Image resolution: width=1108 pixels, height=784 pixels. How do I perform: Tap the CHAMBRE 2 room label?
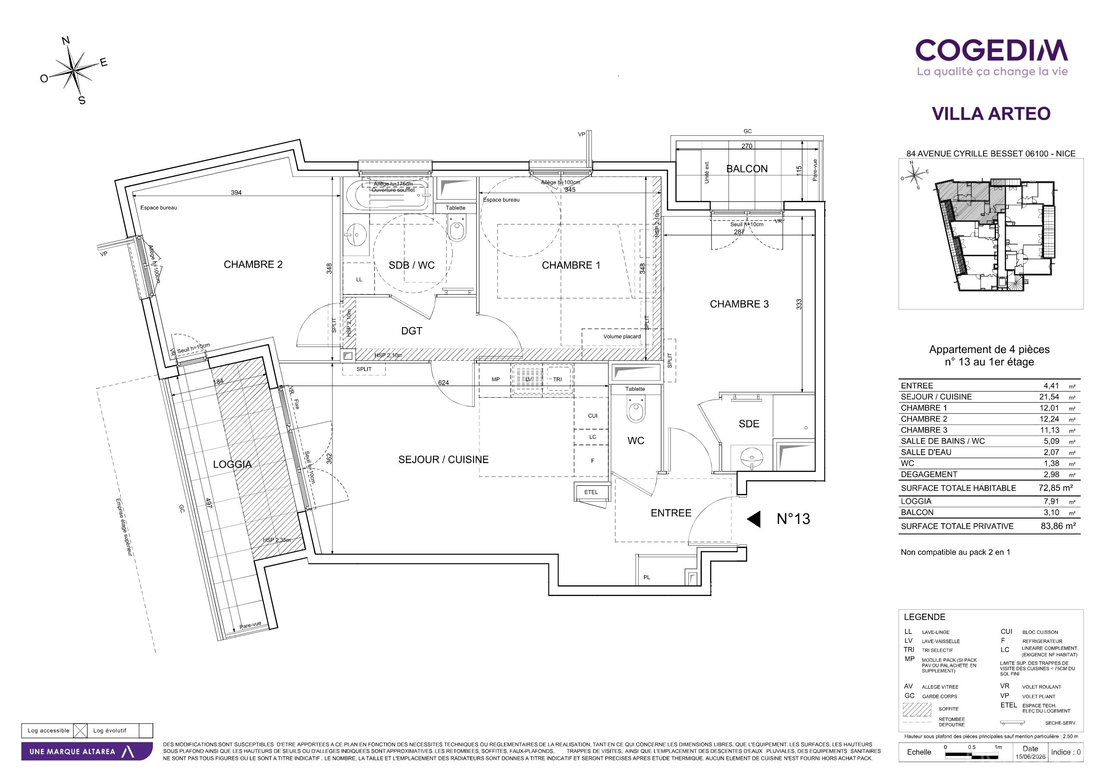(x=253, y=265)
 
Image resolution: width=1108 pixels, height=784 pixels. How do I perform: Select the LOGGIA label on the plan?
(x=233, y=465)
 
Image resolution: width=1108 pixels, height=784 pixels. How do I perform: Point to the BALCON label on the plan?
(x=747, y=169)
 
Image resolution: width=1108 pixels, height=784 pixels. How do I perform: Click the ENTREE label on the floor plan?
(x=671, y=513)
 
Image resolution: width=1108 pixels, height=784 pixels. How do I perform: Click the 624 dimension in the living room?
(x=443, y=382)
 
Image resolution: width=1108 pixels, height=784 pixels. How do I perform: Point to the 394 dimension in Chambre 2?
(x=236, y=193)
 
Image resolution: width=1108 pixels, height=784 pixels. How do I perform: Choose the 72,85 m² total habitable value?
(x=1056, y=488)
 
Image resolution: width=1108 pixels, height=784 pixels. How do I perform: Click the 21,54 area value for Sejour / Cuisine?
(x=1051, y=397)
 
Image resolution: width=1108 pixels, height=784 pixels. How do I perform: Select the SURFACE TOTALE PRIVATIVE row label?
(x=957, y=526)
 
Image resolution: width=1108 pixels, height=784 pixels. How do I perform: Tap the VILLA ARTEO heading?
(x=991, y=113)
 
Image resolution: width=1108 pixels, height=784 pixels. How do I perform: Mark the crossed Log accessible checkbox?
(x=81, y=731)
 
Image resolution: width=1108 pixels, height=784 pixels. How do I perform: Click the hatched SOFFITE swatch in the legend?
(x=916, y=709)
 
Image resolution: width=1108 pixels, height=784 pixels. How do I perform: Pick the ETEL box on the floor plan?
(x=591, y=492)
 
